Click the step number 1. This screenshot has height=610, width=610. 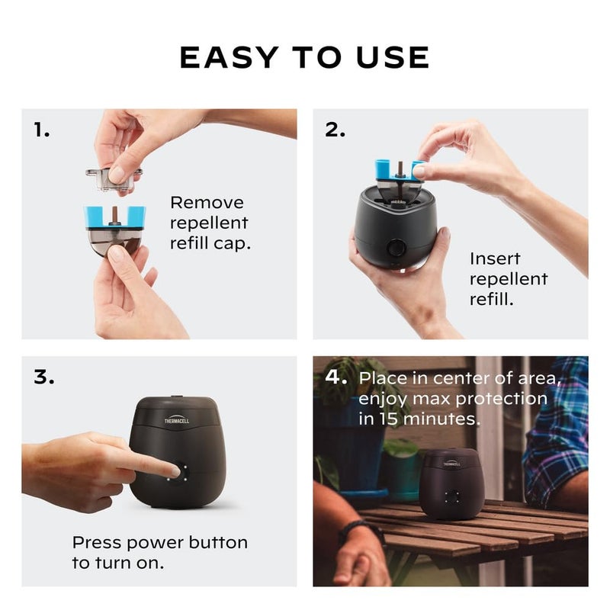click(x=42, y=130)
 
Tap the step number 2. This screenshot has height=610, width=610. click(x=335, y=130)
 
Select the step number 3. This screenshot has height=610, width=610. click(x=44, y=377)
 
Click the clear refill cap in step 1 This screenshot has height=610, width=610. click(x=113, y=178)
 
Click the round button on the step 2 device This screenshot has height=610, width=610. click(x=396, y=249)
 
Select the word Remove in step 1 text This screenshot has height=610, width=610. click(x=207, y=203)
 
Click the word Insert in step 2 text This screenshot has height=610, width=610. click(x=496, y=258)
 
